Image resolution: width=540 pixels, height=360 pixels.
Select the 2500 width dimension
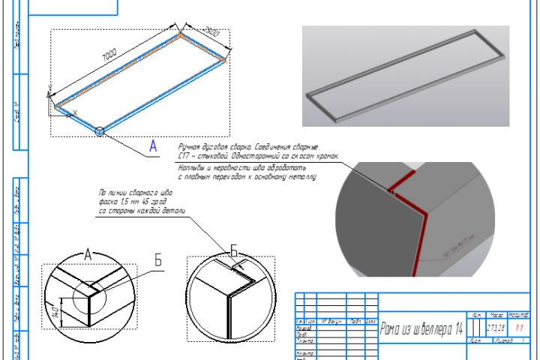pyautogui.click(x=211, y=33)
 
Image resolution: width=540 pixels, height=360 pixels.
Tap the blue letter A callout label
pyautogui.click(x=153, y=147)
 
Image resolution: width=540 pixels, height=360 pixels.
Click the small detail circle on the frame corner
pyautogui.click(x=100, y=131)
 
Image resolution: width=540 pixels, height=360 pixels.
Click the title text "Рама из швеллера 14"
pyautogui.click(x=421, y=328)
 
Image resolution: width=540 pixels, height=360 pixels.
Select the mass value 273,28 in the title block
pyautogui.click(x=495, y=328)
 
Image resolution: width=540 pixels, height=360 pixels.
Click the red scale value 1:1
pyautogui.click(x=518, y=328)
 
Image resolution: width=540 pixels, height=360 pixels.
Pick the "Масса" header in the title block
pyautogui.click(x=495, y=315)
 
